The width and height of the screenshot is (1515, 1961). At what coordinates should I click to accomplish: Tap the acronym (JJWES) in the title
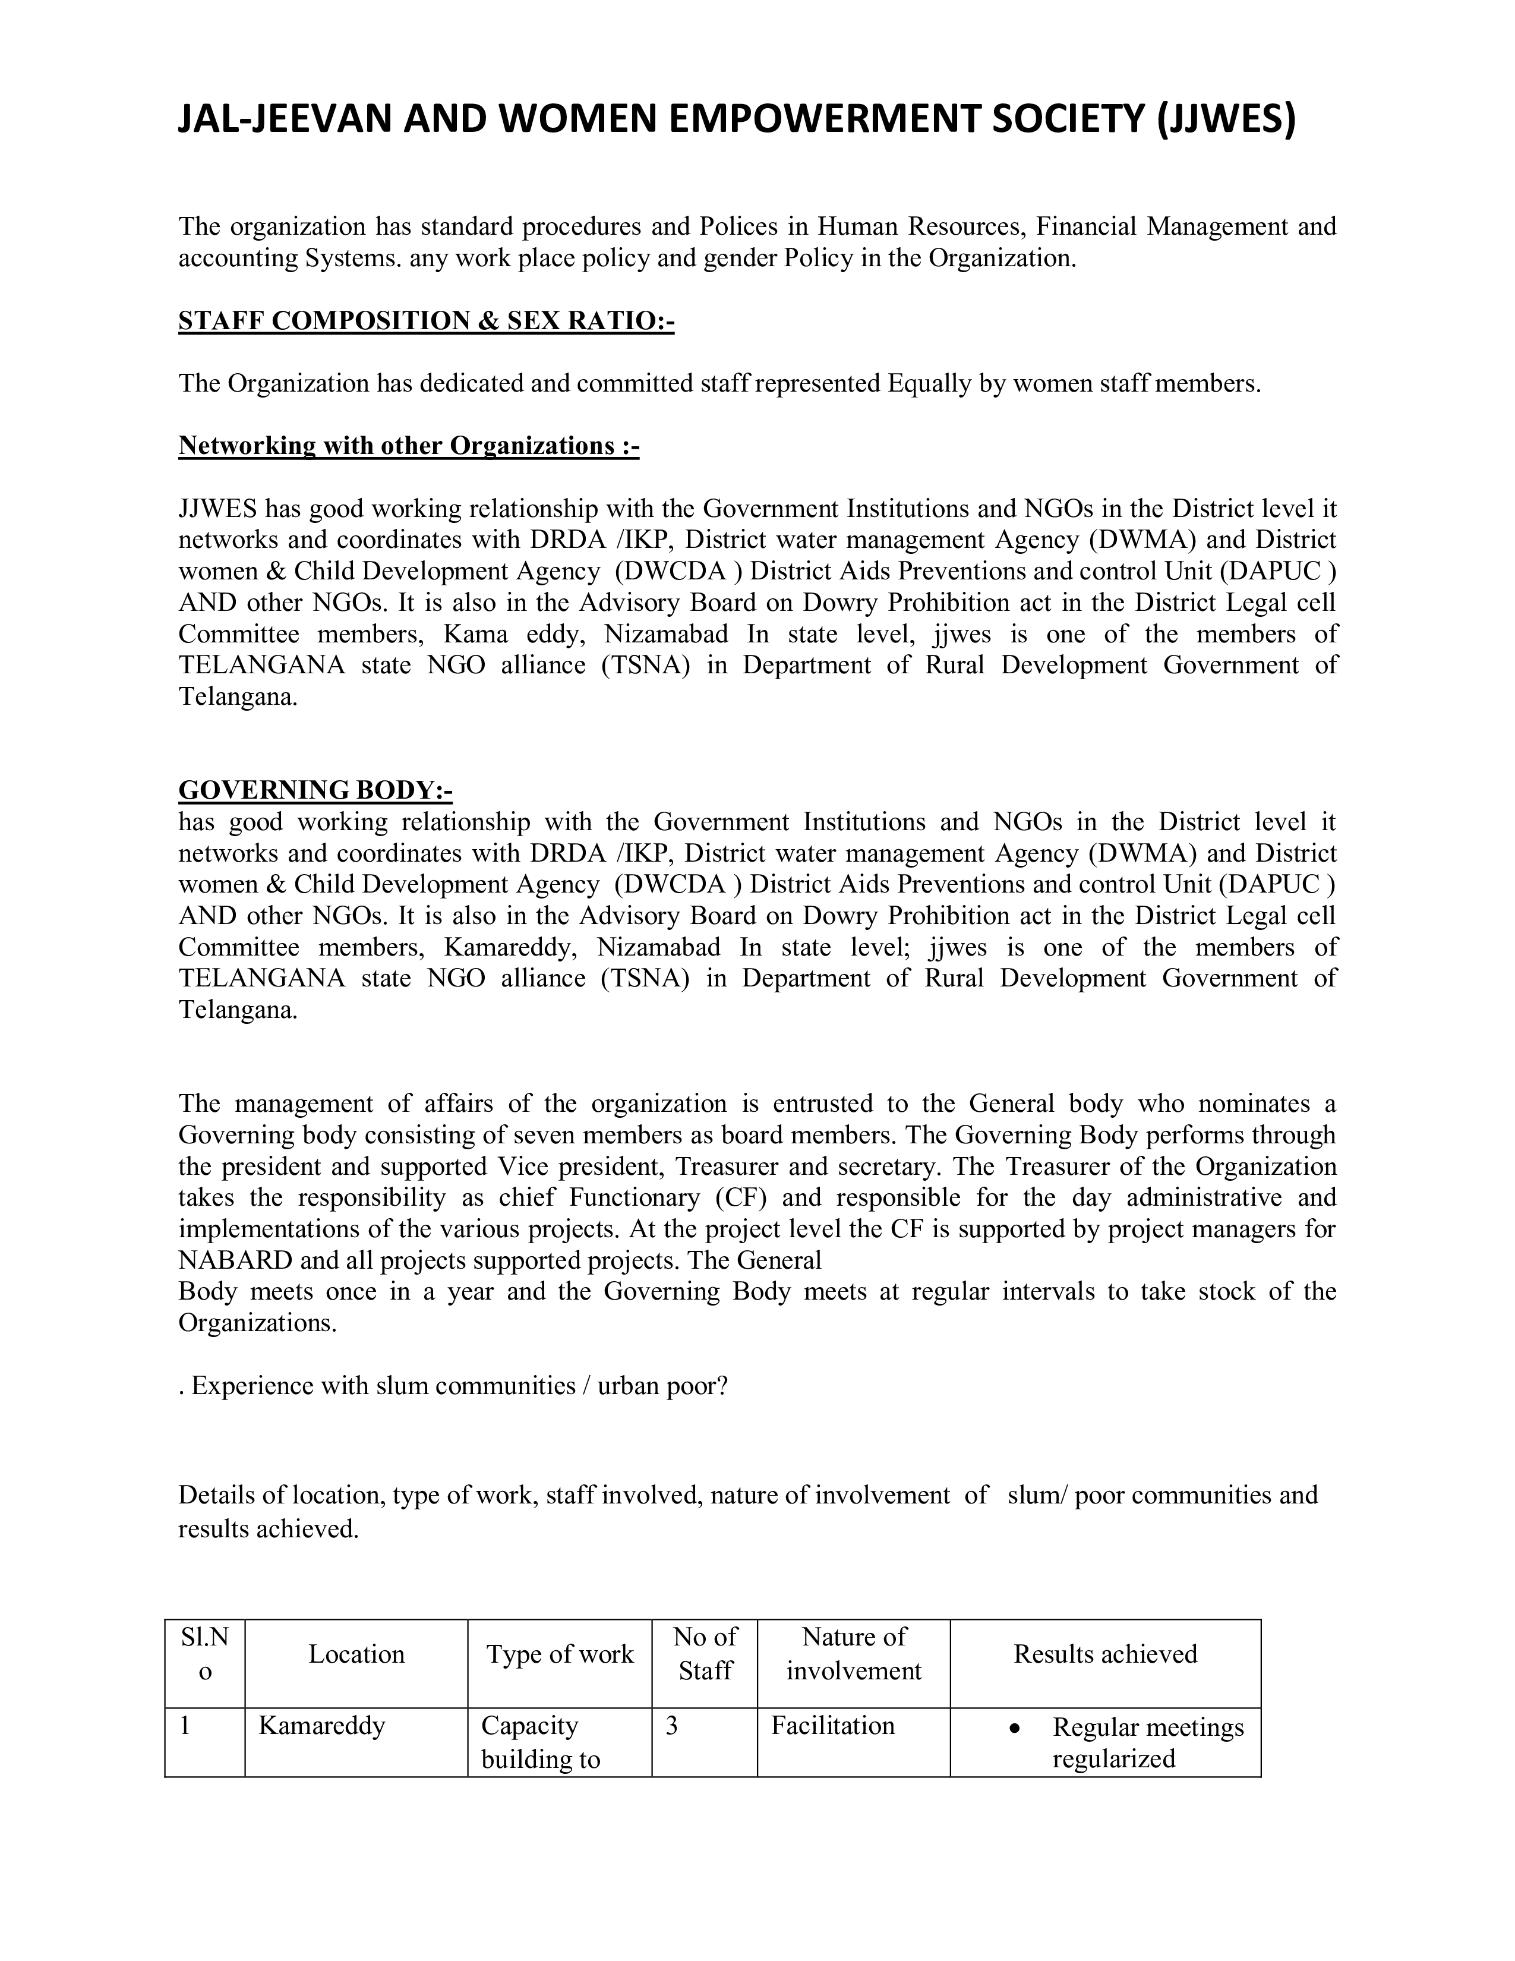(1224, 119)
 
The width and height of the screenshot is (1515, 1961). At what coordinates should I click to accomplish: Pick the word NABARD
(235, 1260)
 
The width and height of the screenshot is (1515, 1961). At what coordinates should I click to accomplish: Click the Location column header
(356, 1653)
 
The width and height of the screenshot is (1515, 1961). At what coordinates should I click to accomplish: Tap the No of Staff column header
(705, 1653)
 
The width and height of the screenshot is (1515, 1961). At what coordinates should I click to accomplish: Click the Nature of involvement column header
(854, 1653)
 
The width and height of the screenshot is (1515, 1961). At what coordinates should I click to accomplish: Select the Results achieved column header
(1105, 1653)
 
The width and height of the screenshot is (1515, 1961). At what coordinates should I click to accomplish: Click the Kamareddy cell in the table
(321, 1725)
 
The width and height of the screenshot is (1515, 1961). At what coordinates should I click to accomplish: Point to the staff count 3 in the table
(671, 1725)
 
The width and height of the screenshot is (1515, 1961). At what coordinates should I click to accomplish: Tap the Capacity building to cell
(540, 1741)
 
